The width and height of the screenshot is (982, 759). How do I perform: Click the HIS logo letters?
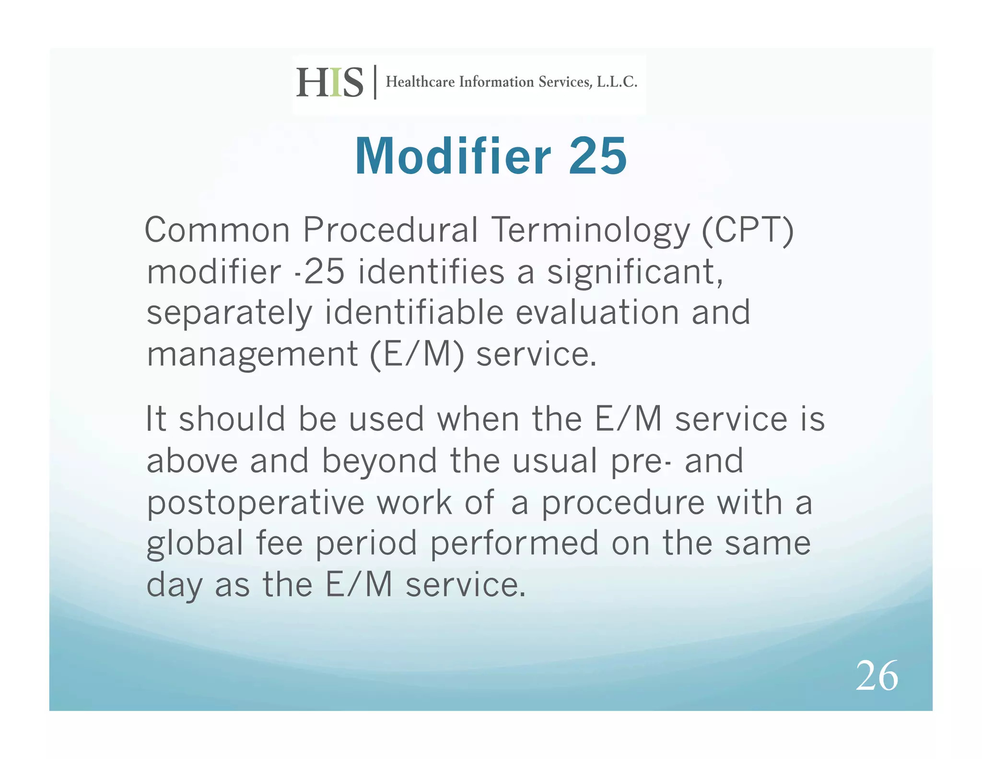pyautogui.click(x=330, y=83)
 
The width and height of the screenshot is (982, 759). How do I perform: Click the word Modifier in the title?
pyautogui.click(x=453, y=156)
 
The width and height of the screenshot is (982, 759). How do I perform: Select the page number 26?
pyautogui.click(x=877, y=676)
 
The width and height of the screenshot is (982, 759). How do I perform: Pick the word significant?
pyautogui.click(x=634, y=272)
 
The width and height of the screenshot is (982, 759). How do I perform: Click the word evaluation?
pyautogui.click(x=597, y=312)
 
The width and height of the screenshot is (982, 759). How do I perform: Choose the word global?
pyautogui.click(x=195, y=545)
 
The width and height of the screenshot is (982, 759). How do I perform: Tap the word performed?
pyautogui.click(x=514, y=545)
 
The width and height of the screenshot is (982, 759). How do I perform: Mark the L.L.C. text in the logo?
pyautogui.click(x=617, y=82)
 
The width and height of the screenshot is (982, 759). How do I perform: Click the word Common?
pyautogui.click(x=217, y=230)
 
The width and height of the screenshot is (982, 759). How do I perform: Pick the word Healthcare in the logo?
pyautogui.click(x=420, y=82)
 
